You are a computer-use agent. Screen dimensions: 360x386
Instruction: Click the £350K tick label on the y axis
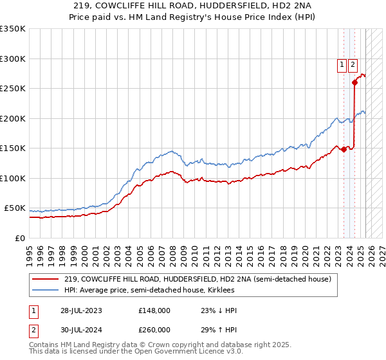(13, 29)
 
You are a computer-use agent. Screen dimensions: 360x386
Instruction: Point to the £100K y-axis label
(13, 178)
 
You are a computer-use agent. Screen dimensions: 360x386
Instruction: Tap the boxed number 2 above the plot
(354, 64)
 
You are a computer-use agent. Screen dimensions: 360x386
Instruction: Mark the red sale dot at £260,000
(354, 82)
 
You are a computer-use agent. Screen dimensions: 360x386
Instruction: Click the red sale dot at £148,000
(344, 149)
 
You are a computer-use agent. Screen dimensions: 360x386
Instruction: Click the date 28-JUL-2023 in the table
(80, 311)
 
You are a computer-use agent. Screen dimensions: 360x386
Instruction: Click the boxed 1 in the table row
(32, 311)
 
